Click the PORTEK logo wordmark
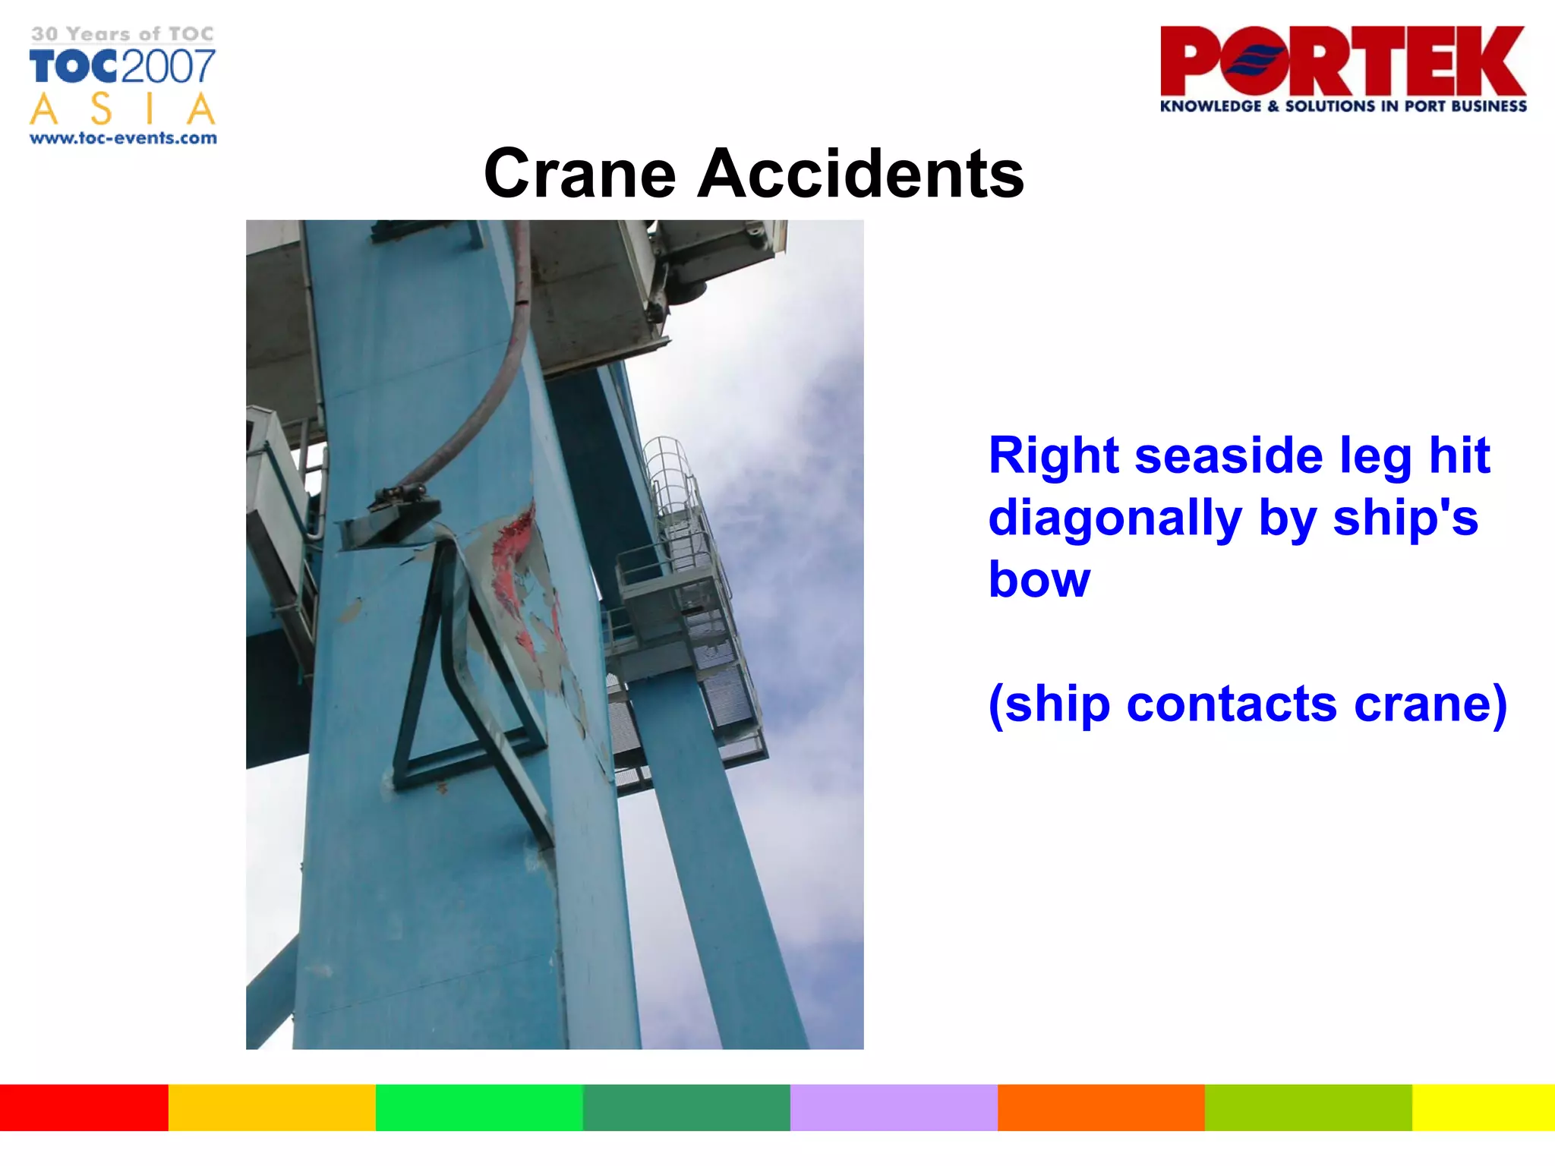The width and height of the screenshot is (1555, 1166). pos(1342,61)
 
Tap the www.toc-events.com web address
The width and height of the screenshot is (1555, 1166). pos(123,138)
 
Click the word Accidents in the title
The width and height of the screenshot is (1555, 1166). pos(860,174)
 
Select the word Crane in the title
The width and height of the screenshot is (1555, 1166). pos(579,174)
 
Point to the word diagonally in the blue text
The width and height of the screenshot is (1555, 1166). pos(1115,518)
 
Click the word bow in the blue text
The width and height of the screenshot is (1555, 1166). pos(1039,580)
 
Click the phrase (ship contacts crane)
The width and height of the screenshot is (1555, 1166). pos(1247,704)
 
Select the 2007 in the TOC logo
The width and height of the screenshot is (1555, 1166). pos(169,67)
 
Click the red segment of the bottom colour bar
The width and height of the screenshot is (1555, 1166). pos(84,1108)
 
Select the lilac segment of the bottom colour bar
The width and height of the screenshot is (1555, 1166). pos(893,1108)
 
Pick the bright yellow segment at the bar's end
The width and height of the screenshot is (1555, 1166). pos(1483,1108)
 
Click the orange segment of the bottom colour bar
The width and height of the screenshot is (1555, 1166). pos(1100,1108)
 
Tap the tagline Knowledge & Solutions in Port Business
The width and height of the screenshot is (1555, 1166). pos(1342,106)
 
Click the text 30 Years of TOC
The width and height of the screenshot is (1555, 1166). pos(123,34)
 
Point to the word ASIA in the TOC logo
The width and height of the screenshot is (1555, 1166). pos(123,109)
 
